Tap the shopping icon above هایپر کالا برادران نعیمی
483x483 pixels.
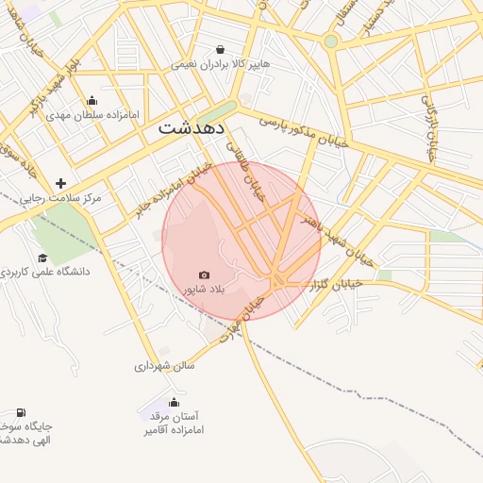click(220, 49)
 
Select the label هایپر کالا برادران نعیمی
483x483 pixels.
click(220, 65)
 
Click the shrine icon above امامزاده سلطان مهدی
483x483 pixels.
click(92, 101)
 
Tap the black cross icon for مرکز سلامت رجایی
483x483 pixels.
click(61, 183)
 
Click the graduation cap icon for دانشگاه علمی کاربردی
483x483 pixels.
click(42, 258)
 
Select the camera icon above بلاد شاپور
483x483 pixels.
click(205, 274)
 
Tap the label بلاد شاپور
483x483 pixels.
click(205, 288)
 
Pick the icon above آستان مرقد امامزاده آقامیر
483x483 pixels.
click(173, 402)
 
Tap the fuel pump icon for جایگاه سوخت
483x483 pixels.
click(21, 412)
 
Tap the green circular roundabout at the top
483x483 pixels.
click(330, 42)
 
